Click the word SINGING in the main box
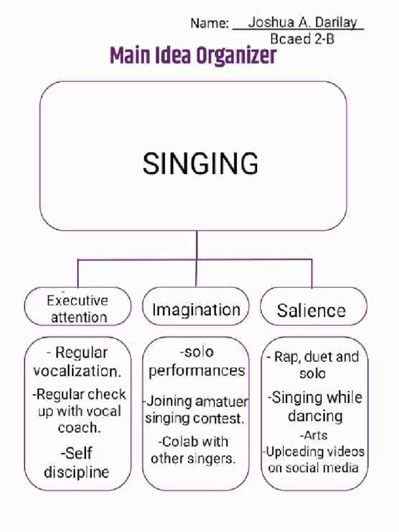click(200, 164)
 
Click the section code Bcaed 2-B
click(302, 39)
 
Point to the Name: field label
click(210, 23)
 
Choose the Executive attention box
click(78, 307)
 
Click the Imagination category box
click(196, 307)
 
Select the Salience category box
click(313, 307)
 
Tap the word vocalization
click(77, 371)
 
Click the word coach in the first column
click(79, 428)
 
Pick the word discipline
click(76, 472)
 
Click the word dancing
click(315, 416)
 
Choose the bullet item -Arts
click(313, 435)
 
